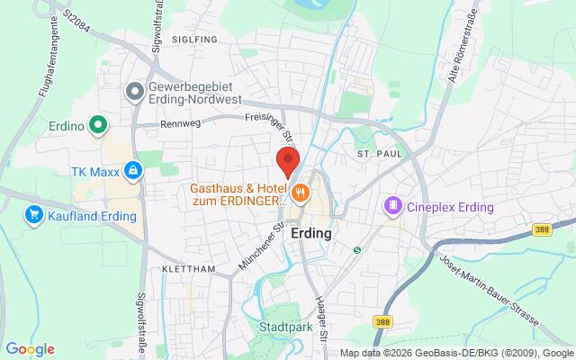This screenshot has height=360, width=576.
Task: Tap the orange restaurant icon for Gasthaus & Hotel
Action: click(x=301, y=190)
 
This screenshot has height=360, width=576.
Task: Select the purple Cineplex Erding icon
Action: click(x=393, y=207)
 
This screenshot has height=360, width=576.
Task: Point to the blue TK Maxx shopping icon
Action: click(x=132, y=169)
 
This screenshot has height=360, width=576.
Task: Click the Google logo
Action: click(x=30, y=349)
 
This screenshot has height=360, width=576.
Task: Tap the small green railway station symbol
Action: click(x=356, y=249)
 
